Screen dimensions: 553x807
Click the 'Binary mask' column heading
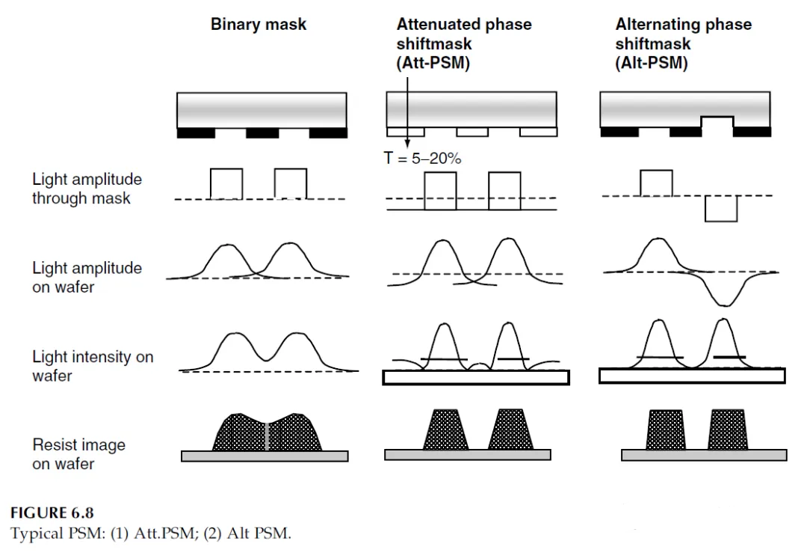pyautogui.click(x=259, y=25)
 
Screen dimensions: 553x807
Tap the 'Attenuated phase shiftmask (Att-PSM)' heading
pyautogui.click(x=464, y=43)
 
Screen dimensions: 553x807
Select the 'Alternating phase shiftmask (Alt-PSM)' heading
pyautogui.click(x=683, y=43)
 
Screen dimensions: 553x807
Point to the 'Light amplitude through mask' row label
pyautogui.click(x=87, y=189)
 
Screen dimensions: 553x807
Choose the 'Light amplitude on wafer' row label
pyautogui.click(x=87, y=277)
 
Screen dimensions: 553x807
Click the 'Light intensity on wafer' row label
pyautogui.click(x=93, y=366)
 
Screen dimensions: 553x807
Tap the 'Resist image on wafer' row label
pyautogui.click(x=78, y=454)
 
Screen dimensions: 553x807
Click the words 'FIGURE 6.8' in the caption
pyautogui.click(x=52, y=513)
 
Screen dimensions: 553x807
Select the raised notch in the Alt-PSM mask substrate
pyautogui.click(x=717, y=122)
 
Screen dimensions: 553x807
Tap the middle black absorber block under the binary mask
pyautogui.click(x=262, y=132)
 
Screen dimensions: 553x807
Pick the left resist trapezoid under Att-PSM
pyautogui.click(x=445, y=430)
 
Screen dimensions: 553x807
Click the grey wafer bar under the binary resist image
pyautogui.click(x=265, y=456)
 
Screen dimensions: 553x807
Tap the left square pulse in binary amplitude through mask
pyautogui.click(x=226, y=184)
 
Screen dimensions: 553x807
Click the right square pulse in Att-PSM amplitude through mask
pyautogui.click(x=504, y=192)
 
